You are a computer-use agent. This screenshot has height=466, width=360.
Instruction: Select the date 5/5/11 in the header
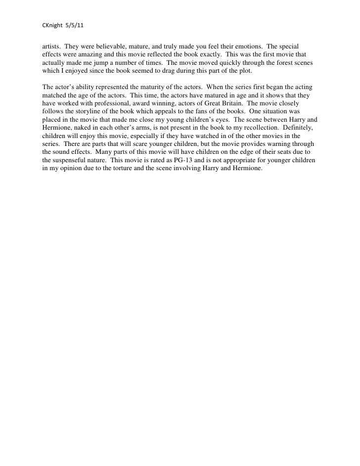pyautogui.click(x=75, y=24)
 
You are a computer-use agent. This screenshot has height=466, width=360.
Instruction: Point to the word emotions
pyautogui.click(x=247, y=46)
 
